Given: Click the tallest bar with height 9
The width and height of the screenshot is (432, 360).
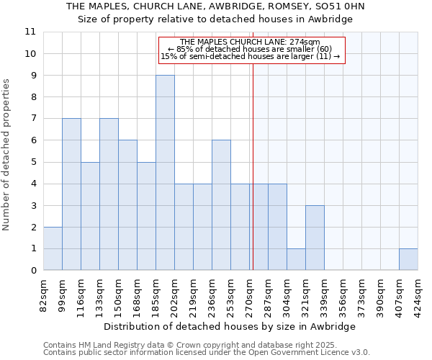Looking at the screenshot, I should coord(165,173).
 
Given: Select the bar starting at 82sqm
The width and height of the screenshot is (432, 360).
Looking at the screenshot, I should coord(53,248).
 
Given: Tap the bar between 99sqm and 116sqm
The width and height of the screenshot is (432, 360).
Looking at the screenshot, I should coord(71,194).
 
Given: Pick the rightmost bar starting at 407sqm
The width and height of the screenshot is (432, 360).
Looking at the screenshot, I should coord(408,260).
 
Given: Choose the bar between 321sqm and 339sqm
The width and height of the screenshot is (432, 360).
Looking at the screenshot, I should coord(315,238).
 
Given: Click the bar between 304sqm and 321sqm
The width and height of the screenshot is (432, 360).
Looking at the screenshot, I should coord(296,260).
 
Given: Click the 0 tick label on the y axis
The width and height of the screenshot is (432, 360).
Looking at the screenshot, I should coord(32,271).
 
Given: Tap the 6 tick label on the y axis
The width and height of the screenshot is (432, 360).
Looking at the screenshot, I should coord(32,140).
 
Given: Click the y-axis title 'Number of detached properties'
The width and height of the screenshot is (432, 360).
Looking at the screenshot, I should coord(7,155).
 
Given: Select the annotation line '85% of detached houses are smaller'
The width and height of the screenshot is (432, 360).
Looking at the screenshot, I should coord(250,49).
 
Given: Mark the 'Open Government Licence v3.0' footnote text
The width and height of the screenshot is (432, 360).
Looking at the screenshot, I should coord(315,353).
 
